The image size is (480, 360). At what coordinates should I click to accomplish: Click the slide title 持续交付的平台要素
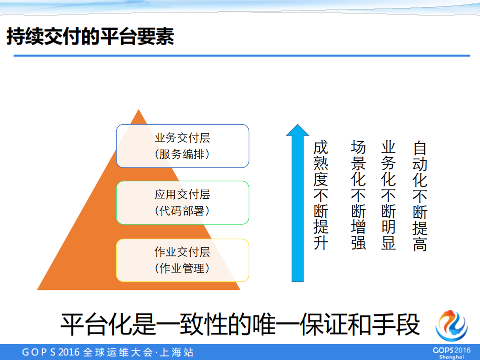coord(90,37)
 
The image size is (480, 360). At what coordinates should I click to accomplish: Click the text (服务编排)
coord(182,154)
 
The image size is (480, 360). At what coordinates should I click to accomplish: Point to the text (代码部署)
coord(182,211)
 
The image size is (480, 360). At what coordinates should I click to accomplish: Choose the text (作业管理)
coord(182,268)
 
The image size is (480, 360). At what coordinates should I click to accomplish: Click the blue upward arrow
coord(298,203)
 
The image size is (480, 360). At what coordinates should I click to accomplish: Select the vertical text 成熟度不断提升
coord(321,195)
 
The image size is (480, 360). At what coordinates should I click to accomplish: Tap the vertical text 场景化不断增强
coord(358,195)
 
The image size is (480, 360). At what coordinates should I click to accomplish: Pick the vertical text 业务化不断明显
coord(388,195)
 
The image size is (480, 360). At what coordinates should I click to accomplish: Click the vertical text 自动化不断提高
coord(420,195)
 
